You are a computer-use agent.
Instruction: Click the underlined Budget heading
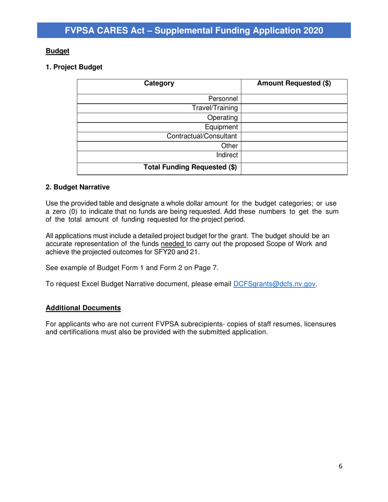(x=57, y=51)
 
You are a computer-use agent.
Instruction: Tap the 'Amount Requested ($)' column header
(x=294, y=84)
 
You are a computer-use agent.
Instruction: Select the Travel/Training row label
(x=216, y=108)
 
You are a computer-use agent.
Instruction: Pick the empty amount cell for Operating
(x=294, y=118)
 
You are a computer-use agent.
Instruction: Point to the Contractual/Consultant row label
(x=205, y=136)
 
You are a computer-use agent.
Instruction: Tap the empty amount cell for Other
(x=294, y=146)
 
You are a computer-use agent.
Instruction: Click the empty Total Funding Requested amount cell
(x=294, y=167)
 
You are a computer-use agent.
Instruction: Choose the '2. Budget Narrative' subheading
(x=75, y=189)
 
